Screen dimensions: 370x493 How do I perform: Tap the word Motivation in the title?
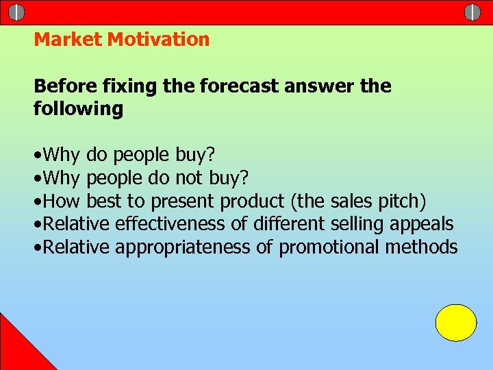point(158,40)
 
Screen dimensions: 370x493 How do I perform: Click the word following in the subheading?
point(78,109)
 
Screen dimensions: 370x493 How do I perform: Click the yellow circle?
point(456,323)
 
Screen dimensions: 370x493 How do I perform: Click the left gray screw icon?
point(17,12)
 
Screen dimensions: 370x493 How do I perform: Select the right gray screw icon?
point(472,12)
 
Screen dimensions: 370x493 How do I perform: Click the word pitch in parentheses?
point(404,201)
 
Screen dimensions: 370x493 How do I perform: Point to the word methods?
point(421,247)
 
